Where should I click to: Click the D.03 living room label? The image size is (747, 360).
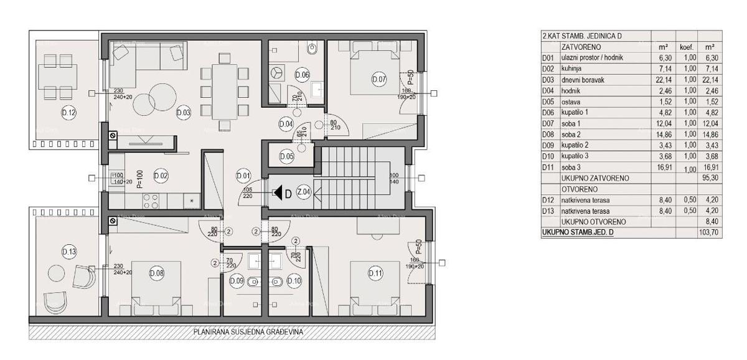pyautogui.click(x=183, y=113)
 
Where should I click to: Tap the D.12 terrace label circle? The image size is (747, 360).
pyautogui.click(x=68, y=113)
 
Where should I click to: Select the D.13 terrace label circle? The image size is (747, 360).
pyautogui.click(x=68, y=251)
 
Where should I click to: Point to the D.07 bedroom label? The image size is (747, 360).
pyautogui.click(x=378, y=79)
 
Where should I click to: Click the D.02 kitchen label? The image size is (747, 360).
pyautogui.click(x=161, y=176)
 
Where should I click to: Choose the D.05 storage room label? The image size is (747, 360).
pyautogui.click(x=286, y=156)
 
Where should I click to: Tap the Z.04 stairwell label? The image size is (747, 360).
pyautogui.click(x=304, y=192)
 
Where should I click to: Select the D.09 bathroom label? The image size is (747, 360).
pyautogui.click(x=237, y=281)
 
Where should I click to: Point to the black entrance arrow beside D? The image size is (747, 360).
pyautogui.click(x=278, y=192)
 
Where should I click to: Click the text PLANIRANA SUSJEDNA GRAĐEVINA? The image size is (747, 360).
pyautogui.click(x=248, y=332)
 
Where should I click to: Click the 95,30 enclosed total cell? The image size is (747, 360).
pyautogui.click(x=709, y=178)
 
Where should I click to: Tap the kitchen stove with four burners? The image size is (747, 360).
pyautogui.click(x=151, y=201)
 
